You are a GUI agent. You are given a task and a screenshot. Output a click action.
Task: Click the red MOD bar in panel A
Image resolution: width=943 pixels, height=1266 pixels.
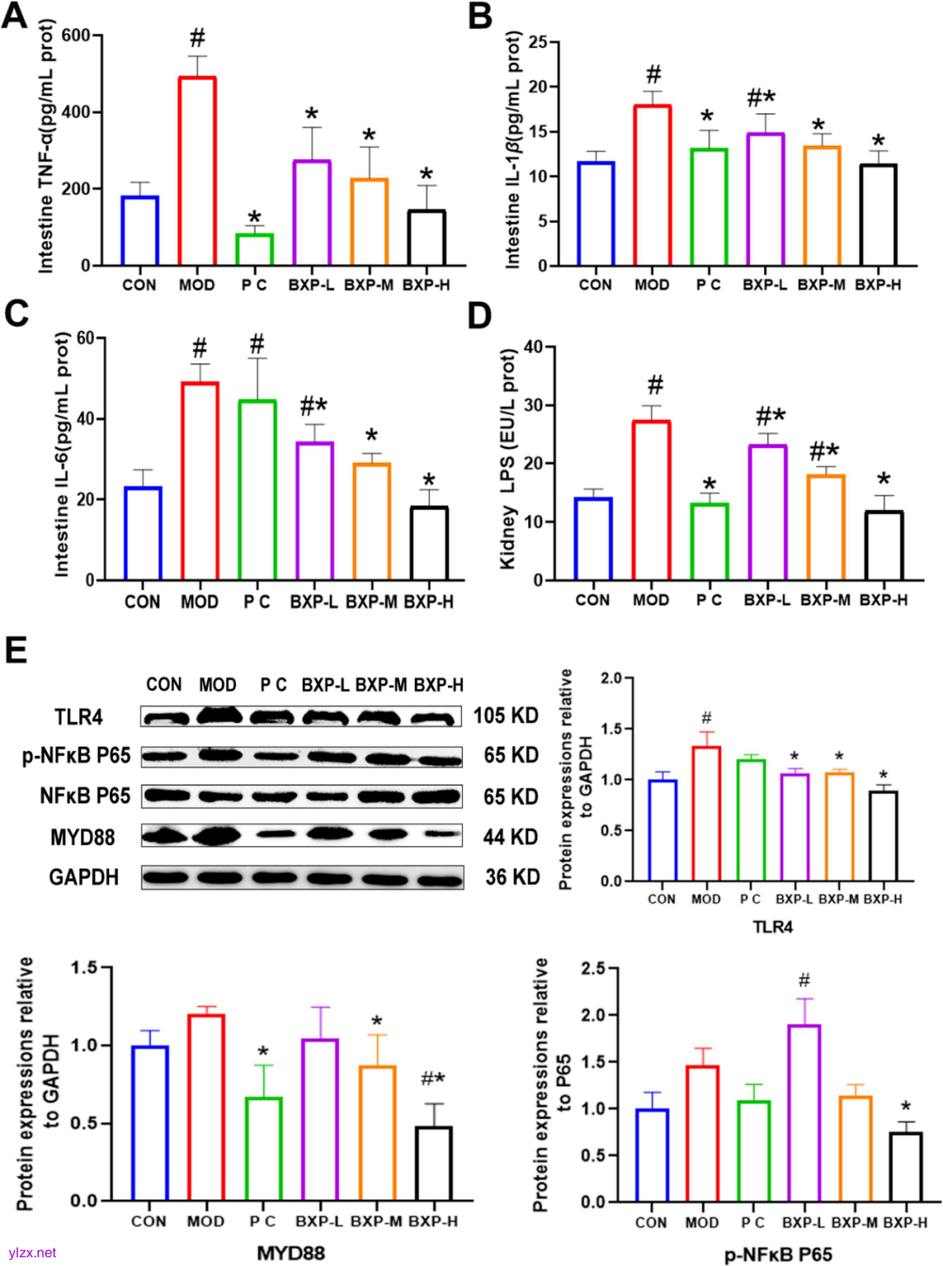click(x=197, y=171)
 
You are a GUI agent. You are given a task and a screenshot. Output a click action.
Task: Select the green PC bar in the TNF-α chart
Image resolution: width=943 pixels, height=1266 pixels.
click(x=254, y=249)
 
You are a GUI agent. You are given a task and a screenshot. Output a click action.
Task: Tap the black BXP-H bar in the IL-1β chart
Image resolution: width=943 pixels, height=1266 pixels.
click(x=878, y=215)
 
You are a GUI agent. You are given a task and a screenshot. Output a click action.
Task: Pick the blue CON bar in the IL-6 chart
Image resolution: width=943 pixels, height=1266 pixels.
click(x=142, y=533)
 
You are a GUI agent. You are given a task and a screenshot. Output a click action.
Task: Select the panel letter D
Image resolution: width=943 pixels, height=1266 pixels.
click(x=479, y=316)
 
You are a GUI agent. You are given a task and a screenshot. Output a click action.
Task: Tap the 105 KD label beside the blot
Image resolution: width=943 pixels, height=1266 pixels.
click(x=506, y=716)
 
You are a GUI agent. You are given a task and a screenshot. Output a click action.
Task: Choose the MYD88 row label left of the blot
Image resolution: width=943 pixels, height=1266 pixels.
click(x=82, y=837)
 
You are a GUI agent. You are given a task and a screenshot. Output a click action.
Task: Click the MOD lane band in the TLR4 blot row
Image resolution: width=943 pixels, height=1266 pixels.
click(x=218, y=716)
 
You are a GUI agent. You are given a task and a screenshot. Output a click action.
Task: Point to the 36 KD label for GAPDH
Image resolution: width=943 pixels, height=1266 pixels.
click(x=512, y=877)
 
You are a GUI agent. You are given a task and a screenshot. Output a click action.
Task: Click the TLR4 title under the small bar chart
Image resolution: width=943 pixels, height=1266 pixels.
click(x=772, y=926)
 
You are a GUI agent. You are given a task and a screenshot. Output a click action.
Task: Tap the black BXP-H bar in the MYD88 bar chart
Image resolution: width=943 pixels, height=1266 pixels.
click(x=433, y=1164)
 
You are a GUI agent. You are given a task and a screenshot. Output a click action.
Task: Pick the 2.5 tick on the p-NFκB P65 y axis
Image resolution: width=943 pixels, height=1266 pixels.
click(x=594, y=968)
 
